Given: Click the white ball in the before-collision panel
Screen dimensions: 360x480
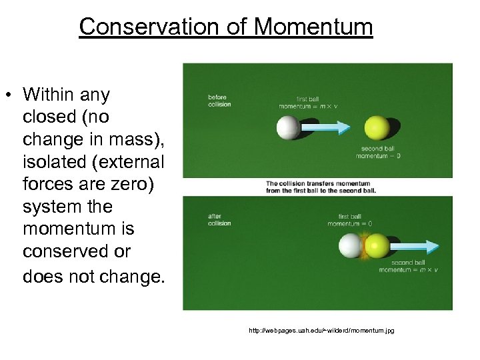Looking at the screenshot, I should coord(288,127).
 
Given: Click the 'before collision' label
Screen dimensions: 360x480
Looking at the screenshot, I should coord(219,101).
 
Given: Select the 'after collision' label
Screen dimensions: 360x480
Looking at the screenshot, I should coord(219,219).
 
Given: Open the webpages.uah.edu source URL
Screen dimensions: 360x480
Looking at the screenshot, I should coord(321,330).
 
